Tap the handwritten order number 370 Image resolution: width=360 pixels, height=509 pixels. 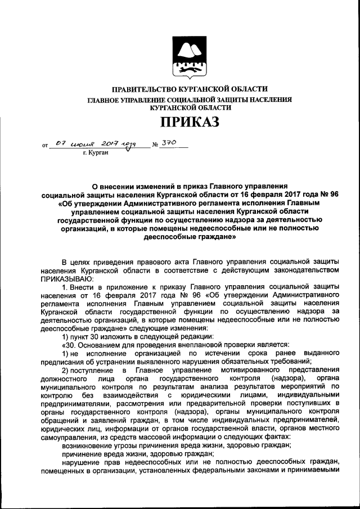tap(169, 143)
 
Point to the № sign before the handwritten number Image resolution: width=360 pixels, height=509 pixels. tap(155, 146)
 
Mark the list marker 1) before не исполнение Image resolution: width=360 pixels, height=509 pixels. tap(67, 353)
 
